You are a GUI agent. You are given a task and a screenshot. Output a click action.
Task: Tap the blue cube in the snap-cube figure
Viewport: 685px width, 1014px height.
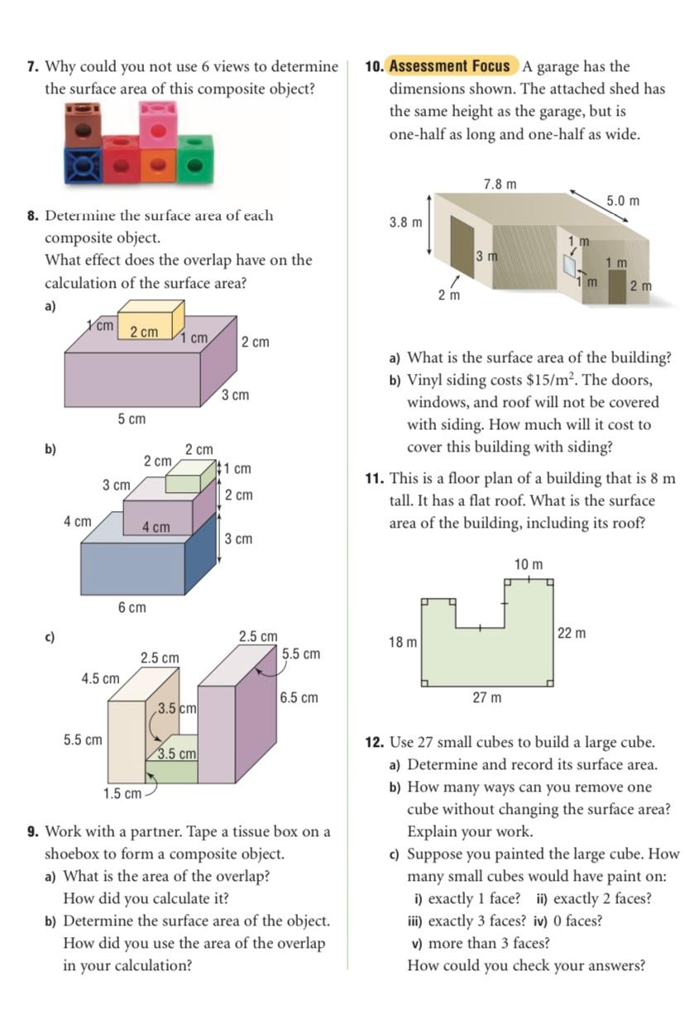pos(83,165)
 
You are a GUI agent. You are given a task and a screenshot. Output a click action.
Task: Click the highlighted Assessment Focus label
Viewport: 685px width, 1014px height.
pos(450,66)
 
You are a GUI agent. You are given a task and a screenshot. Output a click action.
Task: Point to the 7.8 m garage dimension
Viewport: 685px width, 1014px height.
pos(500,184)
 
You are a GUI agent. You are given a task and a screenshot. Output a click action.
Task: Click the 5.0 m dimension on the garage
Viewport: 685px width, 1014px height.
pos(622,201)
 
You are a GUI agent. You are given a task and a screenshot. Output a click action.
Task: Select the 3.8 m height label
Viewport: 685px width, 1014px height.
pos(405,222)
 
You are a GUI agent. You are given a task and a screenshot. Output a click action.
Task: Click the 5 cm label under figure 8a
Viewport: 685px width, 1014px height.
pos(131,419)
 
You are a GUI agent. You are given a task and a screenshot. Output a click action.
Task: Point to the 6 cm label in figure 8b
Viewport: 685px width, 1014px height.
pos(132,608)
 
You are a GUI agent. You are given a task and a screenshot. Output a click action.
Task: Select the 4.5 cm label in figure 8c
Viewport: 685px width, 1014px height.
pos(100,678)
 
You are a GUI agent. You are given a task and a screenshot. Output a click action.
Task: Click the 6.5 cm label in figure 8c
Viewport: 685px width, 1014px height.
pos(299,697)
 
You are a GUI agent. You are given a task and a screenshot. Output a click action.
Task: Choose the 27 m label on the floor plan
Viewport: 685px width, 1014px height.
pos(486,698)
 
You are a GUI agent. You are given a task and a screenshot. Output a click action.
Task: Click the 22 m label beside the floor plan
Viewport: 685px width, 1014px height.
pos(572,634)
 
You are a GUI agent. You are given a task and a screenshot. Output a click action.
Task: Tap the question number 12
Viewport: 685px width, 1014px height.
pos(375,742)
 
